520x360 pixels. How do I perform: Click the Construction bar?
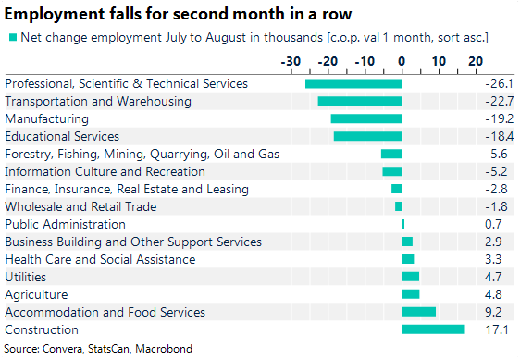pos(433,329)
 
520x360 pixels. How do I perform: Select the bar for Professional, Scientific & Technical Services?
pos(353,83)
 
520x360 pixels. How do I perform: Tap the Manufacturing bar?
pos(366,118)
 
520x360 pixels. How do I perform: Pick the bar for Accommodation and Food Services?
pos(418,312)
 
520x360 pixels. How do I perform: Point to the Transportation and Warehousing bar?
pos(360,101)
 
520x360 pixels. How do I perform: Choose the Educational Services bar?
pos(367,136)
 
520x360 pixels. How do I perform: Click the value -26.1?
pos(499,83)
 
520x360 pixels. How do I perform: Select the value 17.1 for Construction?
pos(499,329)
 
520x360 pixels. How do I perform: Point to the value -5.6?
pos(499,154)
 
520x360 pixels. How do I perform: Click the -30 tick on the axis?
pos(291,61)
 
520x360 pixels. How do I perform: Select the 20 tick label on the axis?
pos(476,61)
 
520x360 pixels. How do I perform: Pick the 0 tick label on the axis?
pos(402,61)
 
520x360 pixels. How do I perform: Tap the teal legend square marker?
pos(12,37)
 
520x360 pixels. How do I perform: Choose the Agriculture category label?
pos(36,294)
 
